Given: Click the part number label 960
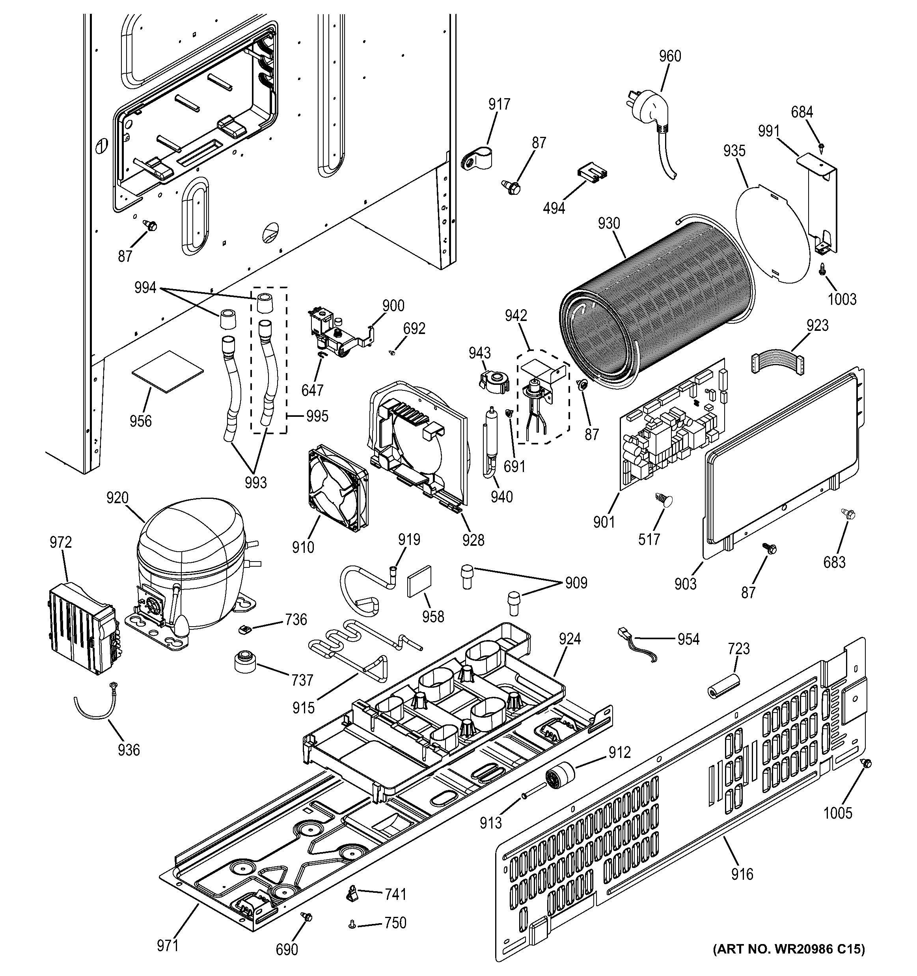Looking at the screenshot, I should (x=669, y=56).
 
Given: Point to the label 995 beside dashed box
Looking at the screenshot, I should (x=317, y=416).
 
